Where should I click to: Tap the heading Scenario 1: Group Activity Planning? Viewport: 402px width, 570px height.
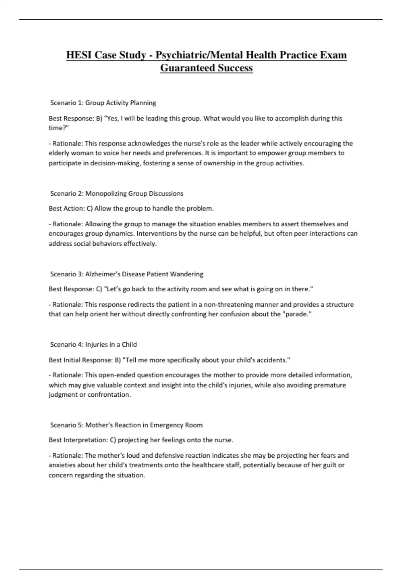tap(103, 103)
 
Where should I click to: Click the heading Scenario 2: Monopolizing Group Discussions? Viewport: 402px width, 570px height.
tap(117, 193)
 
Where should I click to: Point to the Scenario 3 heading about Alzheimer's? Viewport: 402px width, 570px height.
tap(127, 274)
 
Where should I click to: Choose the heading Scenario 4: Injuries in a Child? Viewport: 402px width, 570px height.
tap(93, 344)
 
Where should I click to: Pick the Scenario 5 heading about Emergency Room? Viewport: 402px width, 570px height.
tap(126, 425)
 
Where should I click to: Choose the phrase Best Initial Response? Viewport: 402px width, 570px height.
tap(80, 360)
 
